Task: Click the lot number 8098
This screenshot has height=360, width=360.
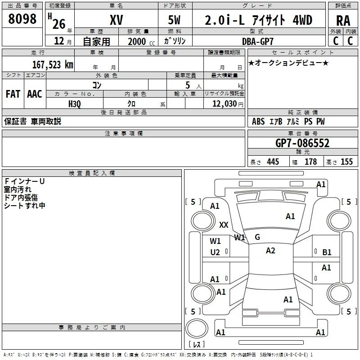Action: click(22, 18)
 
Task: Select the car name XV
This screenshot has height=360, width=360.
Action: click(117, 20)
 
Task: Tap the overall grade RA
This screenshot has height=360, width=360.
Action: click(343, 21)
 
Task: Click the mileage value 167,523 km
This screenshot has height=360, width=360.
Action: click(53, 64)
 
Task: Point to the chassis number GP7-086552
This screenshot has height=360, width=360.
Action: click(302, 143)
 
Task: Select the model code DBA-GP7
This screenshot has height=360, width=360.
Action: click(258, 41)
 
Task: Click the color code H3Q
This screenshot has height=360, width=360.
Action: click(75, 104)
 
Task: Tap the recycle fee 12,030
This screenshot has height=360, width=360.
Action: click(224, 103)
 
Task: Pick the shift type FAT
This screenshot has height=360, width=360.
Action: click(13, 94)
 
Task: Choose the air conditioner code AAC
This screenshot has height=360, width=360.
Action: click(35, 94)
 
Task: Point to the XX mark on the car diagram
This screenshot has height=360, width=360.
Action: click(224, 225)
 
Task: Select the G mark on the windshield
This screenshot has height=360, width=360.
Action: click(257, 237)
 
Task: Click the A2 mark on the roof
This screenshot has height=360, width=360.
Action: click(270, 251)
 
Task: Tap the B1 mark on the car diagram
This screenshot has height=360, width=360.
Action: click(327, 252)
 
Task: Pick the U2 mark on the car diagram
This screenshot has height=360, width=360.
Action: click(215, 252)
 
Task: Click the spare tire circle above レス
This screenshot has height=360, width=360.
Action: click(197, 328)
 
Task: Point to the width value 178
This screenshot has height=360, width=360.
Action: click(310, 162)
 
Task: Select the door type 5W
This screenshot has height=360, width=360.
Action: click(174, 20)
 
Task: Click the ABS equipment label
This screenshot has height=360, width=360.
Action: click(258, 121)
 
